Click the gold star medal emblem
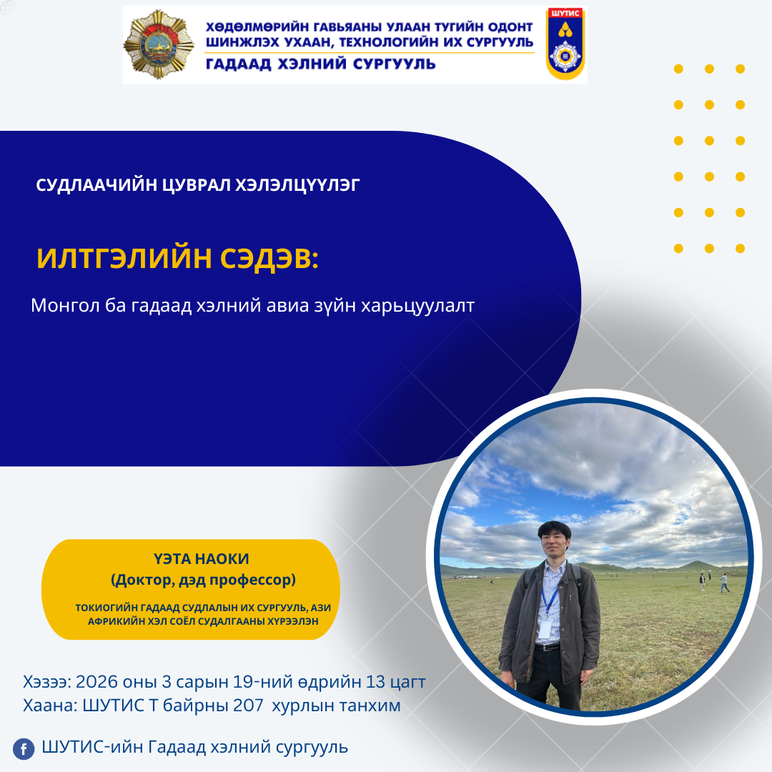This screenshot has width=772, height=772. pos(159,45)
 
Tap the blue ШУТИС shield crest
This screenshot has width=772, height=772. pos(565,44)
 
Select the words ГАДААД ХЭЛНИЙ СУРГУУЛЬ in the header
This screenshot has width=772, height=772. pos(320,64)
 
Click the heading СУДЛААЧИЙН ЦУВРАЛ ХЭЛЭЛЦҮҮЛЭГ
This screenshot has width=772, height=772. pos(197,185)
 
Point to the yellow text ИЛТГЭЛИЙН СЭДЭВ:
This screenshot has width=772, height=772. pos(178,258)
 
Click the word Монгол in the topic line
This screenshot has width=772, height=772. pos(66,306)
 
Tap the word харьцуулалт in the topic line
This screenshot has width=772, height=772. pos(417,306)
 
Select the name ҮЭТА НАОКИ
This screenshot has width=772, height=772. pos(202,559)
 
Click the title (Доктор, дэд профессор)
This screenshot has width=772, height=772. pos(203,580)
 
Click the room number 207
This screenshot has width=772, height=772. pos(248,706)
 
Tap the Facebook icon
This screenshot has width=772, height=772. pos(24,749)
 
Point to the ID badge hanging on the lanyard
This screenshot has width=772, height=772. pos(545,628)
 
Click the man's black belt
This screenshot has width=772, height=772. pos(547,647)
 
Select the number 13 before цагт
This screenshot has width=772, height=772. pos(375,682)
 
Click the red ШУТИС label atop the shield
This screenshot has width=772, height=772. pos(565,14)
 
